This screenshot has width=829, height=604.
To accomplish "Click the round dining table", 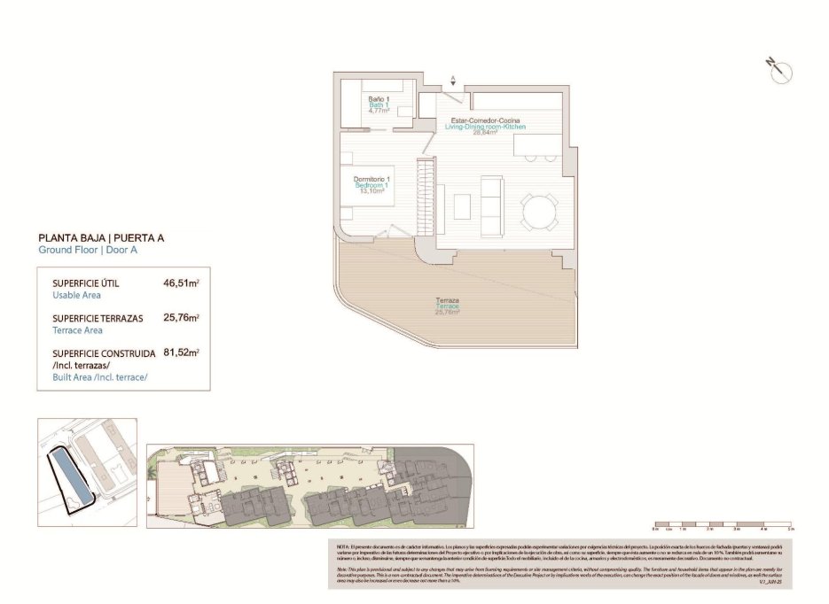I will (x=540, y=211).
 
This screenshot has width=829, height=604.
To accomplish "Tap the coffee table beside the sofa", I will (x=462, y=205).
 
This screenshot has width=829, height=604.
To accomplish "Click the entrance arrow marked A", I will (x=455, y=81).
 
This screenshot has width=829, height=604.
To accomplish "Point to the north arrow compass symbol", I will (x=780, y=72).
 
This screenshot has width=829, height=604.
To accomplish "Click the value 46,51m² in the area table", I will (x=181, y=284).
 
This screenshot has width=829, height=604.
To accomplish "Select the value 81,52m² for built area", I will (x=181, y=352).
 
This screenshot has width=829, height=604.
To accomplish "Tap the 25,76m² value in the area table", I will (x=181, y=318).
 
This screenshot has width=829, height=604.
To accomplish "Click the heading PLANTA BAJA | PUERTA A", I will (x=101, y=238).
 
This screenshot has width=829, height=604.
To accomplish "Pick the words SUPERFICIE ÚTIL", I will (x=86, y=284).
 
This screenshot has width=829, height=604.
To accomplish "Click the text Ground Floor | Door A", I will (x=88, y=251).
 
